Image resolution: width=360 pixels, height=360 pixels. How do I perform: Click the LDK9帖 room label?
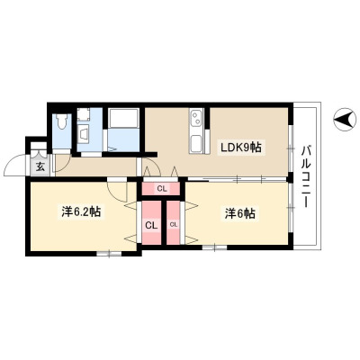click(x=241, y=148)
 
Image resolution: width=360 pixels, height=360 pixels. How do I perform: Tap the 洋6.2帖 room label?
click(x=81, y=212)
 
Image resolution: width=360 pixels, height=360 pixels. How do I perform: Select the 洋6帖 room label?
click(x=240, y=214)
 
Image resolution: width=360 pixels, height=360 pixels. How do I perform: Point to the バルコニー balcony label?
click(x=306, y=176)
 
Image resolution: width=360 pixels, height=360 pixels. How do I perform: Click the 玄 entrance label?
click(x=40, y=166)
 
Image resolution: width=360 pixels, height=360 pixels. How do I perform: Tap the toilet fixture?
click(x=62, y=122)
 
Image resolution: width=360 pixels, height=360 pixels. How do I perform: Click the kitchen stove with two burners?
click(x=196, y=119)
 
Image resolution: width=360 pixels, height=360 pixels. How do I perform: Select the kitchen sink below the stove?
click(x=196, y=143)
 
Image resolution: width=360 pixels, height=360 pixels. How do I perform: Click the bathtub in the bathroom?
click(x=123, y=119)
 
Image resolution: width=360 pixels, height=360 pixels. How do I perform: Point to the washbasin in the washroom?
click(x=84, y=132)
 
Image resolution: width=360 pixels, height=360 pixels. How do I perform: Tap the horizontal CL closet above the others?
click(x=162, y=189)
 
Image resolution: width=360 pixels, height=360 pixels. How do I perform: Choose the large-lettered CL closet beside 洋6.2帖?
click(x=151, y=222)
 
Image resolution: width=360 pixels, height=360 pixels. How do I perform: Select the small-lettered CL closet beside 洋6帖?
click(x=174, y=222)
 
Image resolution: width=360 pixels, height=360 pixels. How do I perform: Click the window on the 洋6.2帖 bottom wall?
click(x=109, y=254)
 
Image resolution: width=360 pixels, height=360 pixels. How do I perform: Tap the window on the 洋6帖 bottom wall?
click(x=214, y=247)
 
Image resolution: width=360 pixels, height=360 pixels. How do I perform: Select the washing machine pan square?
click(x=83, y=114)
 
